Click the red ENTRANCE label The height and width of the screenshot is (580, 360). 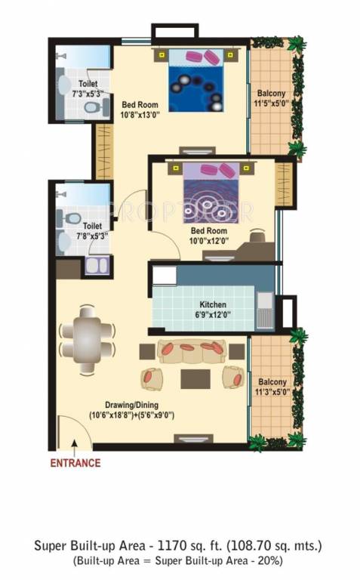tap(75, 463)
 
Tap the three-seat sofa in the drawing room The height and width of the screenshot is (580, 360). tap(192, 350)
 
